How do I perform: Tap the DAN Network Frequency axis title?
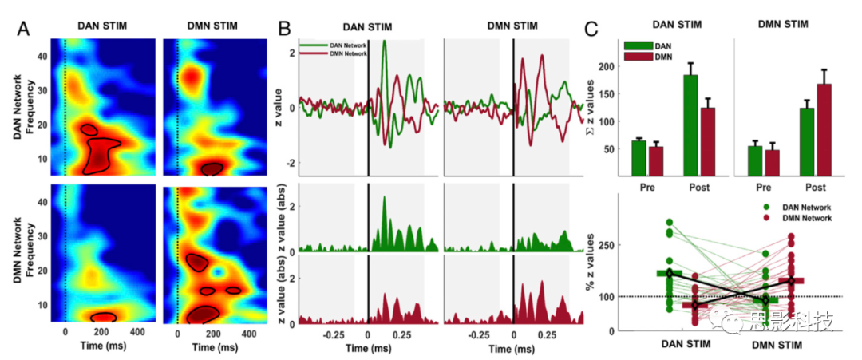tap(23, 105)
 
